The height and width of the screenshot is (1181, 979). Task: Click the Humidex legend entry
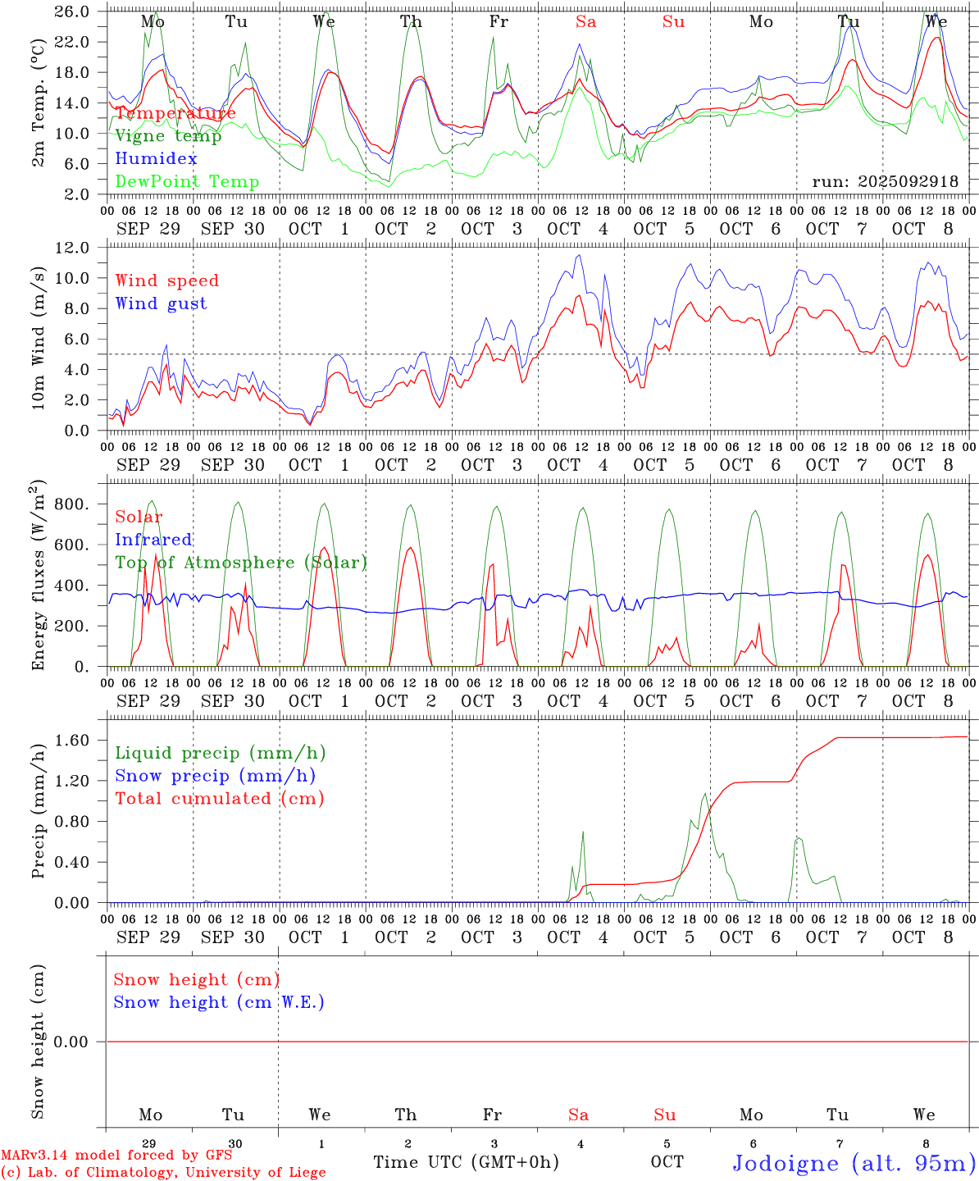pos(156,158)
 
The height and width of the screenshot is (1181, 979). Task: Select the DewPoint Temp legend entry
pos(187,181)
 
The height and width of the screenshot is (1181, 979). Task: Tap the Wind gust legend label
pos(161,303)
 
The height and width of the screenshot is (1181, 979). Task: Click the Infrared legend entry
pos(153,540)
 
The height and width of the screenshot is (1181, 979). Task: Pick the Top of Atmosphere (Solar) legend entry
pos(240,563)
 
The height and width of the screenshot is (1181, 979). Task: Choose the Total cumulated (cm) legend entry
pos(219,798)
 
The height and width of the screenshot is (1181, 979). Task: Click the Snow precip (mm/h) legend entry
pos(215,776)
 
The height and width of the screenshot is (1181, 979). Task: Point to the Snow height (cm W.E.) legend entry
pos(218,1002)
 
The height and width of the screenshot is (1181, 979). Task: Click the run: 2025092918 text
pos(885,181)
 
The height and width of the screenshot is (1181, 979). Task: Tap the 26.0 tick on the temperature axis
pos(73,11)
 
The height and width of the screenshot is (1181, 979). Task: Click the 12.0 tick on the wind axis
pos(73,247)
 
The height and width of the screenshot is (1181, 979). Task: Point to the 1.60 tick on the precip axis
pos(73,740)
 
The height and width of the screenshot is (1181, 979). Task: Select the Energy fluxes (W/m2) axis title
pos(38,577)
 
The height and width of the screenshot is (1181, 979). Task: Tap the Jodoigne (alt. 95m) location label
pos(853,1163)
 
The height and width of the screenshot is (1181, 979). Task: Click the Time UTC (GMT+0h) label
pos(466,1162)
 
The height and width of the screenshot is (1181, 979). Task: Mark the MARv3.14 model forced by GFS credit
pos(116,1155)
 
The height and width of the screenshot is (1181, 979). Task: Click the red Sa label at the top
pos(585,22)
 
